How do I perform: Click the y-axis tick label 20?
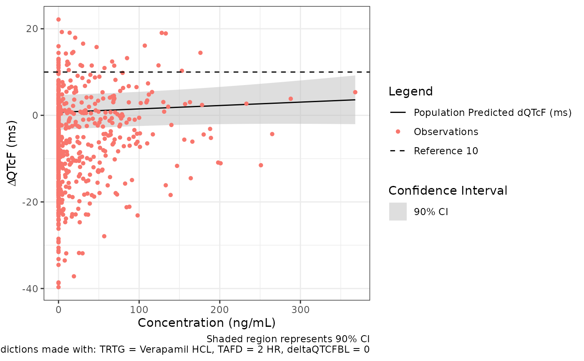[x=33, y=29]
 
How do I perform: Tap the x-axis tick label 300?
[x=300, y=310]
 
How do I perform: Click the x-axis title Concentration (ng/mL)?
[x=206, y=323]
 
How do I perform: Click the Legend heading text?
[x=410, y=92]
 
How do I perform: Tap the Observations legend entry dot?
[x=398, y=132]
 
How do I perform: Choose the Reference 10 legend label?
[x=446, y=151]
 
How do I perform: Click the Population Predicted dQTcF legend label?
[x=492, y=113]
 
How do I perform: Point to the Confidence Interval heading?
[x=448, y=191]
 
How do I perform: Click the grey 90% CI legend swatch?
[x=398, y=212]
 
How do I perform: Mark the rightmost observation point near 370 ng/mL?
[x=355, y=92]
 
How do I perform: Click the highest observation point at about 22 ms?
[x=58, y=20]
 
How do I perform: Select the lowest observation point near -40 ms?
[x=58, y=287]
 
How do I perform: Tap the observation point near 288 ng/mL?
[x=290, y=99]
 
